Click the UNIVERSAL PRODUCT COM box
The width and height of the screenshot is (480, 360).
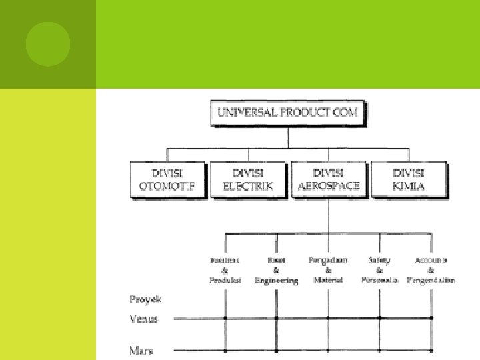pyautogui.click(x=288, y=113)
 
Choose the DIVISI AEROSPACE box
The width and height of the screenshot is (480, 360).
pyautogui.click(x=329, y=179)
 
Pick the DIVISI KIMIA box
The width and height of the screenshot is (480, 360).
pyautogui.click(x=409, y=179)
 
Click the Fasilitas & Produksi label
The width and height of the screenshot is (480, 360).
pyautogui.click(x=225, y=270)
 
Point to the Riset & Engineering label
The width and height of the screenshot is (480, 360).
pyautogui.click(x=276, y=270)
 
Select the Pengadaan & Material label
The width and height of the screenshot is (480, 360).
pyautogui.click(x=328, y=270)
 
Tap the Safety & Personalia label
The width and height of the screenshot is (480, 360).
pyautogui.click(x=379, y=270)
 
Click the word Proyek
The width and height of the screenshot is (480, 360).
pyautogui.click(x=145, y=299)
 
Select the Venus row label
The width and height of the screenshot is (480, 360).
pyautogui.click(x=143, y=319)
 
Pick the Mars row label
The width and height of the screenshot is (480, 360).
pyautogui.click(x=141, y=349)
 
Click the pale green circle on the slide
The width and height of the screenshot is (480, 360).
pyautogui.click(x=47, y=44)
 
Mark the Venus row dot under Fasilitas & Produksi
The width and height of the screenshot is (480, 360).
pyautogui.click(x=225, y=319)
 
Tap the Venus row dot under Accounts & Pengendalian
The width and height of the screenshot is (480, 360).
pyautogui.click(x=431, y=319)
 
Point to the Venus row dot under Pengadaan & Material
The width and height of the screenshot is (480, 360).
pyautogui.click(x=328, y=319)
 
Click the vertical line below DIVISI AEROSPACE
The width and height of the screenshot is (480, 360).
pyautogui.click(x=329, y=215)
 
